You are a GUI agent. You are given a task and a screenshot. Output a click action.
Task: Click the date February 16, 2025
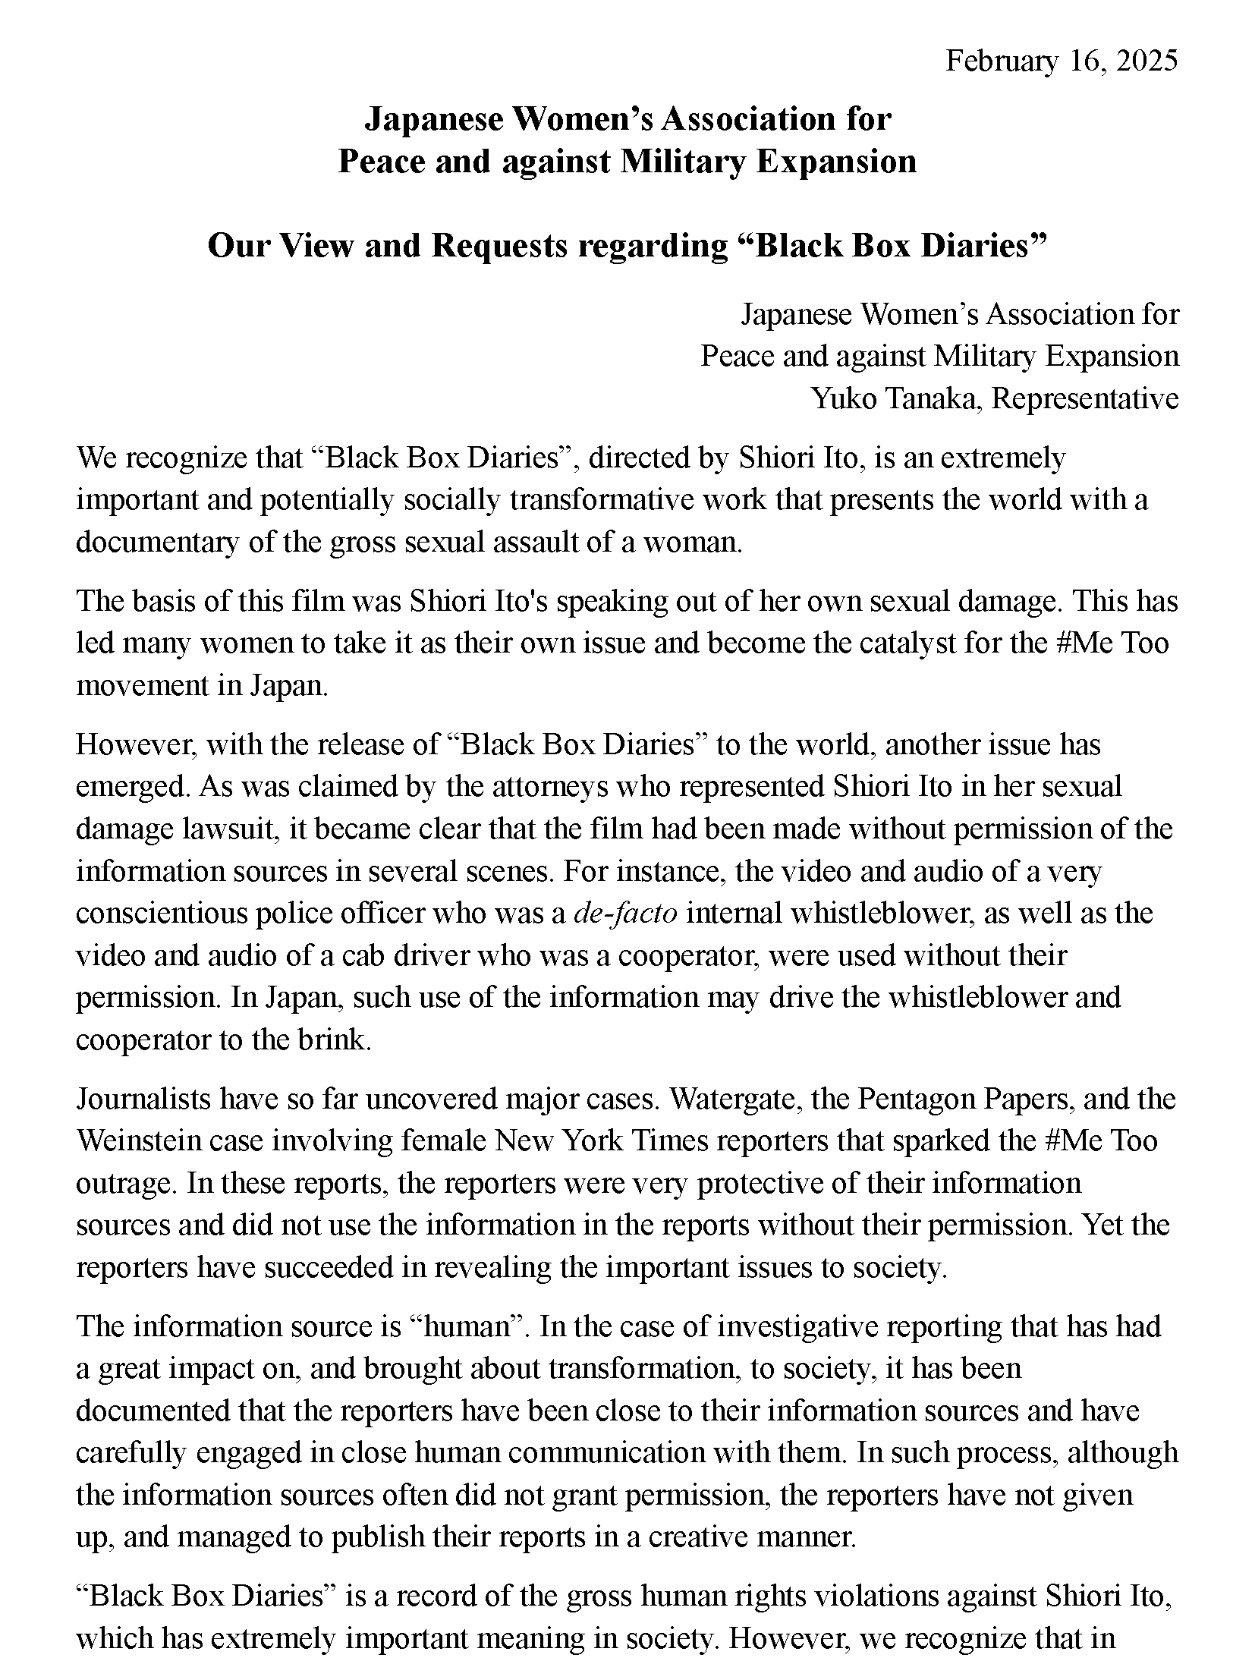pyautogui.click(x=1061, y=61)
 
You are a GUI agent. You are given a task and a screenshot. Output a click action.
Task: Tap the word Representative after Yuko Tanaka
pyautogui.click(x=1084, y=398)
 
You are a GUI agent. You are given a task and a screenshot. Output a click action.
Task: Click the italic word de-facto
pyautogui.click(x=626, y=913)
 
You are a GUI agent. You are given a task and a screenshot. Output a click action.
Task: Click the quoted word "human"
pyautogui.click(x=467, y=1327)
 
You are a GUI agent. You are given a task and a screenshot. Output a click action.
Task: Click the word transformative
pyautogui.click(x=602, y=501)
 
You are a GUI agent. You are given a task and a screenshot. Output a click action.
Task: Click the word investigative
pyautogui.click(x=798, y=1327)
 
